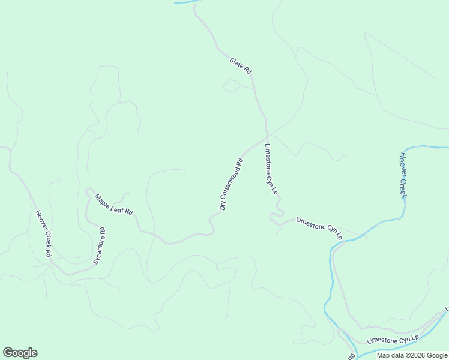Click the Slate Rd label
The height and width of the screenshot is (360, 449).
tap(240, 66)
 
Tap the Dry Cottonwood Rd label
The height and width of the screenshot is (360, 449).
tap(231, 184)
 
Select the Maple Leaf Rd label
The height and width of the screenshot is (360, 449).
tap(114, 204)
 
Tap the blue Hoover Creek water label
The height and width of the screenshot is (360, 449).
tap(403, 175)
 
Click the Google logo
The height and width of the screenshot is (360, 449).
tap(20, 353)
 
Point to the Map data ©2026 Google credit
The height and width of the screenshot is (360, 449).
tap(412, 355)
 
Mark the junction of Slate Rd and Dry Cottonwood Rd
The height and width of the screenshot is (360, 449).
tap(267, 136)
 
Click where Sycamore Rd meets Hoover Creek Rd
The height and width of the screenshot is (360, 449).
tap(53, 262)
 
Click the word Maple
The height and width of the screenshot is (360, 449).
tap(104, 199)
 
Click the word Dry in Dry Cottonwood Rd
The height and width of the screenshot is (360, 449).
tap(223, 204)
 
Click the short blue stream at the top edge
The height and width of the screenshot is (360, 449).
tap(186, 2)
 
